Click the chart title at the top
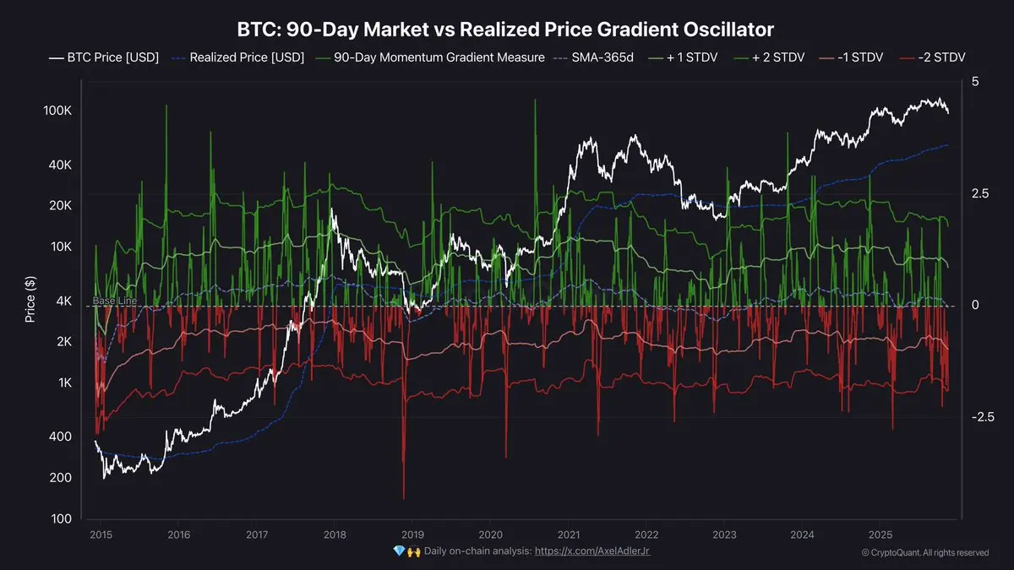pyautogui.click(x=506, y=30)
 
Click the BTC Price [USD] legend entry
pyautogui.click(x=104, y=58)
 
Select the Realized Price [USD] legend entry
pyautogui.click(x=239, y=58)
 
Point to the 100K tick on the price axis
pyautogui.click(x=57, y=111)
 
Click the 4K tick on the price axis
pyautogui.click(x=64, y=301)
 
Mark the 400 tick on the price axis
pyautogui.click(x=62, y=437)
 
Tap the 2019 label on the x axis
pyautogui.click(x=412, y=535)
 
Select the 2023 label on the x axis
pyautogui.click(x=724, y=535)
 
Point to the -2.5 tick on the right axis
pyautogui.click(x=980, y=417)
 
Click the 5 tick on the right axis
pyautogui.click(x=975, y=82)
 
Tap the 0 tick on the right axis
pyautogui.click(x=975, y=306)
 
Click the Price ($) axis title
pyautogui.click(x=30, y=300)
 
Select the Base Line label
pyautogui.click(x=114, y=301)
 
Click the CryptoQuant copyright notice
pyautogui.click(x=924, y=552)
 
